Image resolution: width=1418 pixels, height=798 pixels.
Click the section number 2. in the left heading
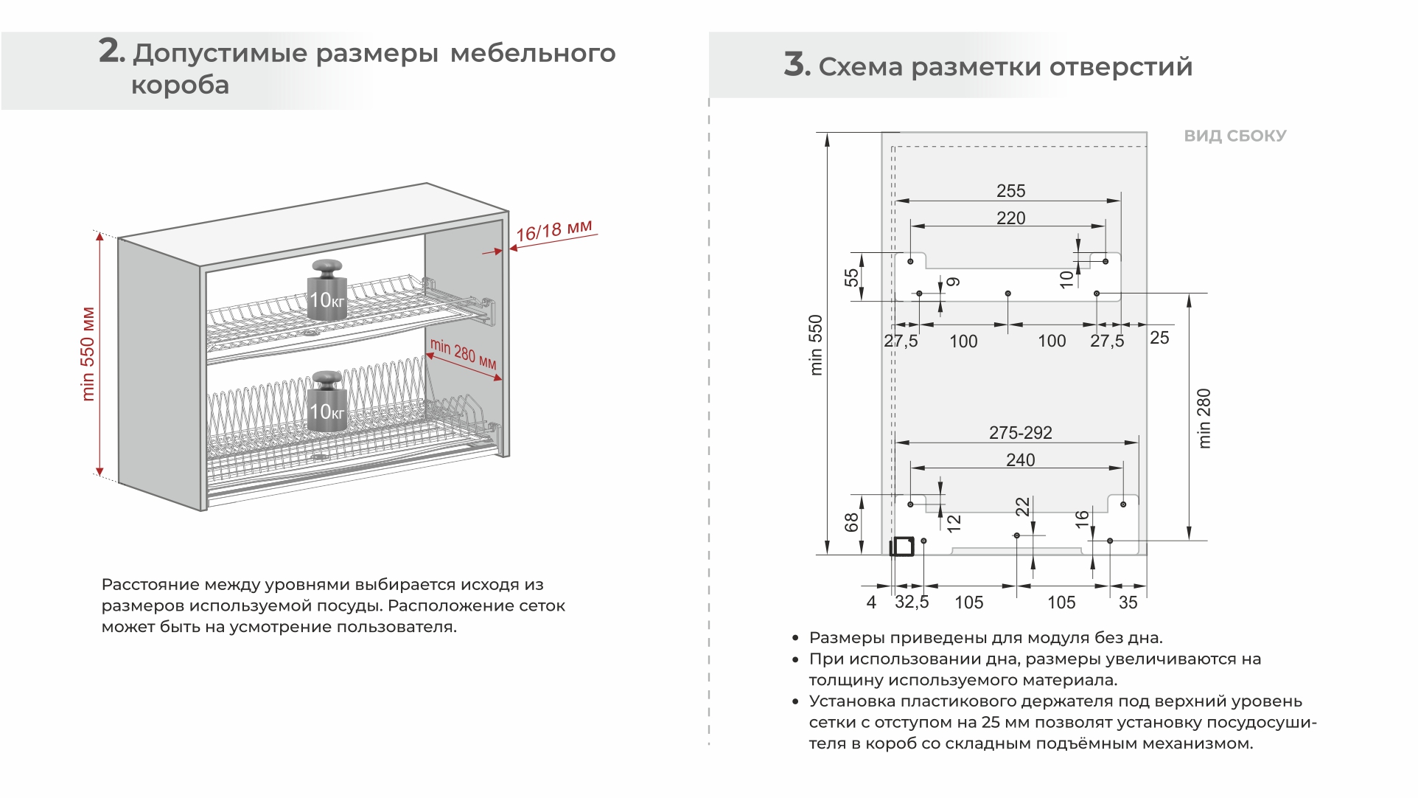111,52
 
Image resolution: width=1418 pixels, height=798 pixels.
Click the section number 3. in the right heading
796,65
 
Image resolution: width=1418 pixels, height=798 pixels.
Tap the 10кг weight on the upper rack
327,291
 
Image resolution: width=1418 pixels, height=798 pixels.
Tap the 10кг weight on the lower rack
327,402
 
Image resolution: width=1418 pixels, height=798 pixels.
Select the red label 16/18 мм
553,230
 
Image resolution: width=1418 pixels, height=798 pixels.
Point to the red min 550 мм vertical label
88,354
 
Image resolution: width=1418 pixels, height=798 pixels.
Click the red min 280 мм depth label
463,354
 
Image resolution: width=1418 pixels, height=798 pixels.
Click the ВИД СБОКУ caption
1234,136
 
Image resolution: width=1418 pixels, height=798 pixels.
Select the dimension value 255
1010,191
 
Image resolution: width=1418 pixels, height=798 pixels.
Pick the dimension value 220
1010,218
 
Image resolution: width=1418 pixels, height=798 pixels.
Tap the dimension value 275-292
1020,433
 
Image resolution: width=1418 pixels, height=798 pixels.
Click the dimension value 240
1020,460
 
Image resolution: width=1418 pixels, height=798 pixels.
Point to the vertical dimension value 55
851,277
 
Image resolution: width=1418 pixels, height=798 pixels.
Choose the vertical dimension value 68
851,522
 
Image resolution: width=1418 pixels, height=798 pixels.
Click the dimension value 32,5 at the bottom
912,602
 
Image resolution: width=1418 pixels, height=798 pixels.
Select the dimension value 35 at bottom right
1128,603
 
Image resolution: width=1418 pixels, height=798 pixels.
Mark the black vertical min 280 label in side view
1204,418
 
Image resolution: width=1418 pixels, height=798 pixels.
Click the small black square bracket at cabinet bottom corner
901,547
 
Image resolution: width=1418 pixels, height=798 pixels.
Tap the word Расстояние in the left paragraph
151,585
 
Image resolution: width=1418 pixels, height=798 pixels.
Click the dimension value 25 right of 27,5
1159,338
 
